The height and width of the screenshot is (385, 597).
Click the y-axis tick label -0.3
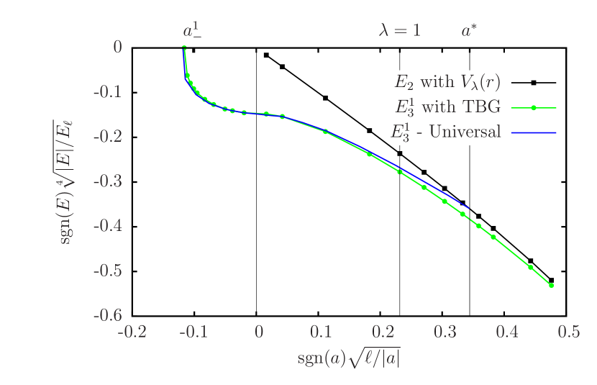click(107, 181)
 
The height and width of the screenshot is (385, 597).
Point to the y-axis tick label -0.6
click(107, 314)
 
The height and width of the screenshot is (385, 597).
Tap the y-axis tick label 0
click(117, 47)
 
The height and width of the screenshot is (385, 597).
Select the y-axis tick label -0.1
click(107, 91)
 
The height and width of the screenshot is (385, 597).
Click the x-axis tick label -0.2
click(132, 332)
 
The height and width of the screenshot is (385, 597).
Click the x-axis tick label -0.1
click(193, 332)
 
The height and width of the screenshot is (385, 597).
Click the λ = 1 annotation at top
click(400, 31)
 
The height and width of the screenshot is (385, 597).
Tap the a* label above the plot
click(469, 31)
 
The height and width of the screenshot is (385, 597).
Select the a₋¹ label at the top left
click(192, 31)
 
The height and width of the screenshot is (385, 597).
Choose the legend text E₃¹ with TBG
click(447, 107)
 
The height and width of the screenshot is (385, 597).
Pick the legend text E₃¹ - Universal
click(447, 132)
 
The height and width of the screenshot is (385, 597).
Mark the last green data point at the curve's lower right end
click(551, 286)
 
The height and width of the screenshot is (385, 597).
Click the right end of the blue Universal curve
click(468, 209)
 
